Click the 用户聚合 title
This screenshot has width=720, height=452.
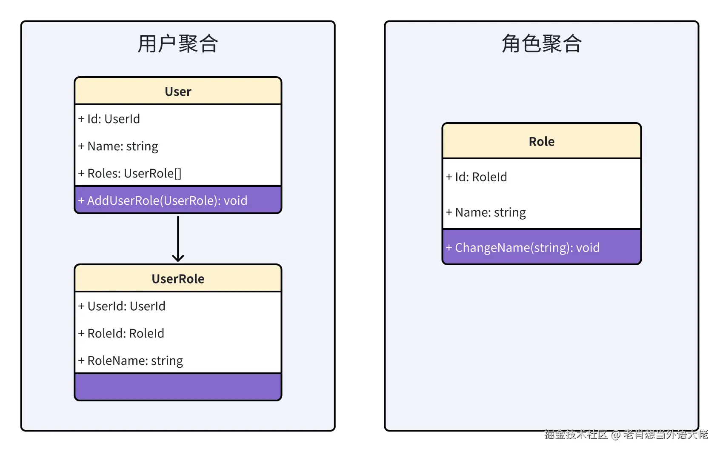178,44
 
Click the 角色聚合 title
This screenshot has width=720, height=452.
541,44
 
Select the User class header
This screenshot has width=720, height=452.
178,92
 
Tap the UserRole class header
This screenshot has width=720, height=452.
178,279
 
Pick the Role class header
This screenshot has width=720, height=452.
541,141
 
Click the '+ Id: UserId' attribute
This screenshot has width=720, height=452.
109,119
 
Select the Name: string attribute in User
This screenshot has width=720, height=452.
118,146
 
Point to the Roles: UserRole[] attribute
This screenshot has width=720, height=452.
130,174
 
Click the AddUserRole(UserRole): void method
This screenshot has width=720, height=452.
163,200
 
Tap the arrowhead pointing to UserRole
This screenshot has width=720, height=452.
178,257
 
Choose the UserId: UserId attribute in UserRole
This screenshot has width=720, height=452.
122,306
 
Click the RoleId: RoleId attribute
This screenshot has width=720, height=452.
121,333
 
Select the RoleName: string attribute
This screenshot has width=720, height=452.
131,361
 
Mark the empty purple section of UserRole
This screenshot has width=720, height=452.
178,386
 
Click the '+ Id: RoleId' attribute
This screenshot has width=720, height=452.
477,177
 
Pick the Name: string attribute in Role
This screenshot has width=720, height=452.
486,212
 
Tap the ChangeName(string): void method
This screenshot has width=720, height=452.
523,248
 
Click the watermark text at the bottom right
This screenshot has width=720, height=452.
626,435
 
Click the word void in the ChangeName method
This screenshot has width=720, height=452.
588,248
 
